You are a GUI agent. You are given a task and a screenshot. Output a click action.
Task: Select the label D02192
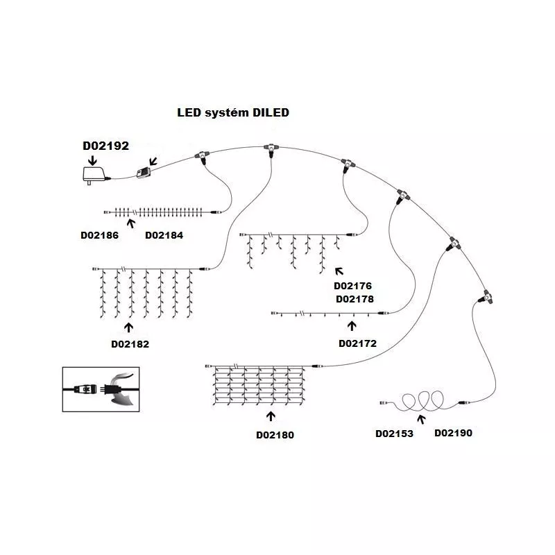(x=105, y=146)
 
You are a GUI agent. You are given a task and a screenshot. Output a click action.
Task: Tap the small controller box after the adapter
(x=146, y=173)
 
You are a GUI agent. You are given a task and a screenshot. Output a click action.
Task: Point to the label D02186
(x=99, y=236)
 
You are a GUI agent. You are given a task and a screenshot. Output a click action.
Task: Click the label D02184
(x=164, y=236)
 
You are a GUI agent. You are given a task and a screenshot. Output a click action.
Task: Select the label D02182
(x=130, y=343)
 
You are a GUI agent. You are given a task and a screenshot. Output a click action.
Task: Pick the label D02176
(x=353, y=286)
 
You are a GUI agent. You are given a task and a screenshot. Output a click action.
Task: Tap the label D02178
(x=355, y=300)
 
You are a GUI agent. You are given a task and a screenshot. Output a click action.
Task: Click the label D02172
(x=357, y=343)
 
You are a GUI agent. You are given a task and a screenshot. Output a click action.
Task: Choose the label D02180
(x=275, y=435)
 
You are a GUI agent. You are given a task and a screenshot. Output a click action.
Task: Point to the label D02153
(x=394, y=434)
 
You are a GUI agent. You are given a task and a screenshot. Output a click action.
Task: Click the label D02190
(x=453, y=434)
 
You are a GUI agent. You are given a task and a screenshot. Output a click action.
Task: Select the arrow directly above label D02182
(x=129, y=325)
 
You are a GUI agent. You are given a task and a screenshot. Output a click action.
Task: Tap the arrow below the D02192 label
(x=91, y=159)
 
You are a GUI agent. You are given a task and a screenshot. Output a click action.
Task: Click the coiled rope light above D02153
(x=420, y=402)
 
